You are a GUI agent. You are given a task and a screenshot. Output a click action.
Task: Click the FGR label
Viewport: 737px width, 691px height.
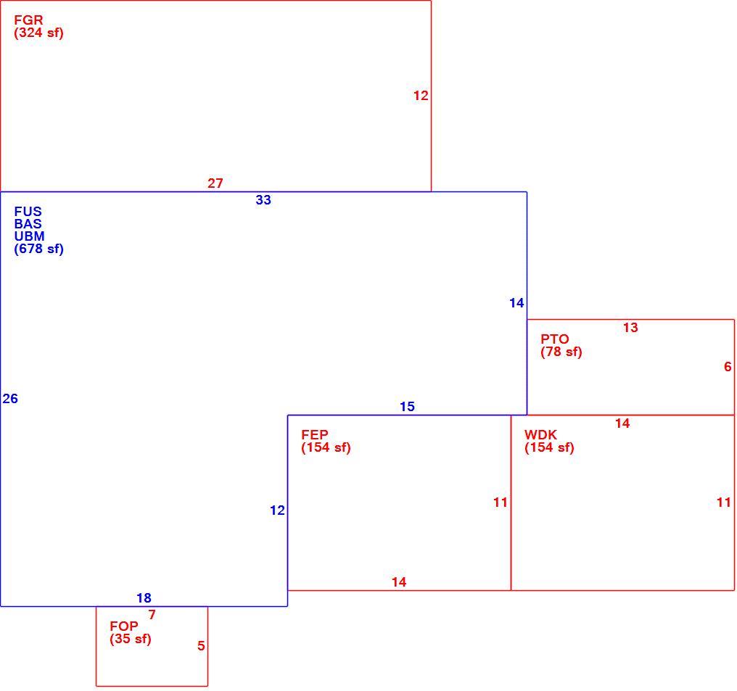(29, 20)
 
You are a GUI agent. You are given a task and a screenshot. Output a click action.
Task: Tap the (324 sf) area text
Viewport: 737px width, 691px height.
(38, 33)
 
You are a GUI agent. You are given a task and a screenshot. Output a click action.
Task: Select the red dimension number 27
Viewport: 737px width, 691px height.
(215, 183)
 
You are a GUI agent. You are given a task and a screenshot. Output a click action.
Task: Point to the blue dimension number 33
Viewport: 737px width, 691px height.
(263, 200)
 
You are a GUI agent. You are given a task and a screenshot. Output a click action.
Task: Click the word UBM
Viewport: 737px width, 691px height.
(29, 236)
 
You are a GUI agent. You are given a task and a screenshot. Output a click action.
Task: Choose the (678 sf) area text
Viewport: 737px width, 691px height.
(38, 249)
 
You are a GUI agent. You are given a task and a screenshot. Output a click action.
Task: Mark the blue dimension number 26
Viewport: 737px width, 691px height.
(10, 399)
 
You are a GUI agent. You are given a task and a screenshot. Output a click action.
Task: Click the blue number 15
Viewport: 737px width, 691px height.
(407, 407)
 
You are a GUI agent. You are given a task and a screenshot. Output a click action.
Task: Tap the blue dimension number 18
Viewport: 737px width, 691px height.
(144, 598)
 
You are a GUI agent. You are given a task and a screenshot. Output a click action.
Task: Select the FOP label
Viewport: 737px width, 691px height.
(123, 626)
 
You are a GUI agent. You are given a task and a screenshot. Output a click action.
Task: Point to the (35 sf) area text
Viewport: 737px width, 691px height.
(130, 639)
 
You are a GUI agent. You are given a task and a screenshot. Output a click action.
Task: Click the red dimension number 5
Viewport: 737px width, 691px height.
(201, 646)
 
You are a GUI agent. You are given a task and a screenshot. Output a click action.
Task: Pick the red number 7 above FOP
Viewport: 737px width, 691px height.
(152, 614)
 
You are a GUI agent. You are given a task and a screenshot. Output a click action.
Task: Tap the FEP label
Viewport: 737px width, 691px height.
(314, 435)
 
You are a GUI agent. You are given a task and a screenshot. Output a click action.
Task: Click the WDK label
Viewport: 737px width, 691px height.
(540, 435)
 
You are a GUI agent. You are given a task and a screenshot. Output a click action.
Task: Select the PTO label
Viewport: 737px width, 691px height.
(555, 339)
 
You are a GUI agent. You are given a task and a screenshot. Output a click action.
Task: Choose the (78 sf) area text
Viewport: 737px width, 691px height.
(561, 352)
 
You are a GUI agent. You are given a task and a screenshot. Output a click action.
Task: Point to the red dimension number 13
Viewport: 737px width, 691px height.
(630, 328)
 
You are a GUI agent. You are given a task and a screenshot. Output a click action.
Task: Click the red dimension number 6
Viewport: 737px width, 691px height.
(728, 366)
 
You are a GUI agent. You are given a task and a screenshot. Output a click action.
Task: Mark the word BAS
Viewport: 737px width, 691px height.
(28, 224)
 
